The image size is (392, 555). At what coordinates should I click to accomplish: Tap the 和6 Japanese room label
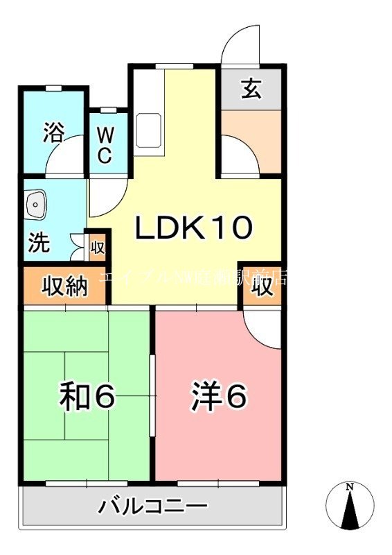(x=86, y=396)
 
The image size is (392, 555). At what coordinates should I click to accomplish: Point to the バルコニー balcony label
(x=152, y=505)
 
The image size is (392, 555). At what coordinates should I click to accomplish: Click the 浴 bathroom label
(x=53, y=132)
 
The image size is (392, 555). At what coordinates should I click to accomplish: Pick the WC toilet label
(x=104, y=144)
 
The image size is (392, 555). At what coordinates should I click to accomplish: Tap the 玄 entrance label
(x=251, y=89)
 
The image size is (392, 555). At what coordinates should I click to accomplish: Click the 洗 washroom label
(x=39, y=244)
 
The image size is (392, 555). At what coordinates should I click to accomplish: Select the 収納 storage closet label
(x=66, y=284)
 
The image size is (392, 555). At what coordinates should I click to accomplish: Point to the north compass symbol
(x=350, y=504)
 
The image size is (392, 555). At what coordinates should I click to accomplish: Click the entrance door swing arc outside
(x=238, y=45)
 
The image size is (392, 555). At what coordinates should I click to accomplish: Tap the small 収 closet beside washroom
(x=98, y=246)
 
